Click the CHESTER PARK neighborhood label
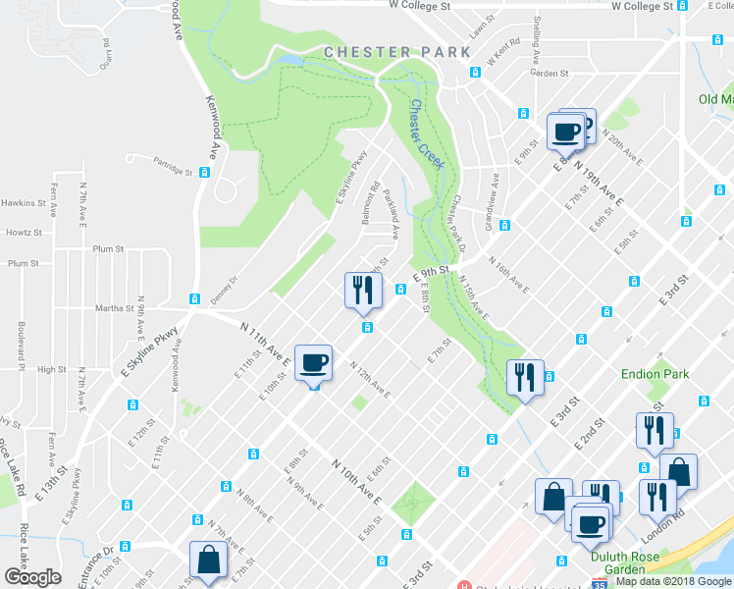tap(390, 51)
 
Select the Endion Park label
tap(655, 374)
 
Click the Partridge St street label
tap(174, 170)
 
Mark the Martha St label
tap(114, 308)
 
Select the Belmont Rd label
tap(372, 202)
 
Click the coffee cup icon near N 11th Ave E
tap(314, 365)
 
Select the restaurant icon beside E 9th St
tap(360, 289)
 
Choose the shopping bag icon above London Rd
tap(679, 472)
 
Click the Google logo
tap(32, 577)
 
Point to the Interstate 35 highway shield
tap(599, 582)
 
